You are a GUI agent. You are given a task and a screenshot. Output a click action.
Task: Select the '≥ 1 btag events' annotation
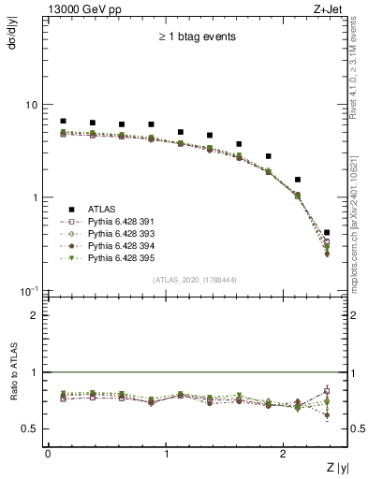(x=196, y=37)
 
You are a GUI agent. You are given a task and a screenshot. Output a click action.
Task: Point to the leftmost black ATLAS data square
(x=63, y=122)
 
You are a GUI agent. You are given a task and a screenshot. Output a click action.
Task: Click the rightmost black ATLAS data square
(x=326, y=232)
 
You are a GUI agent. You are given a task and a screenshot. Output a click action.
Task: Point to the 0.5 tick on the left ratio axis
(x=32, y=428)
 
